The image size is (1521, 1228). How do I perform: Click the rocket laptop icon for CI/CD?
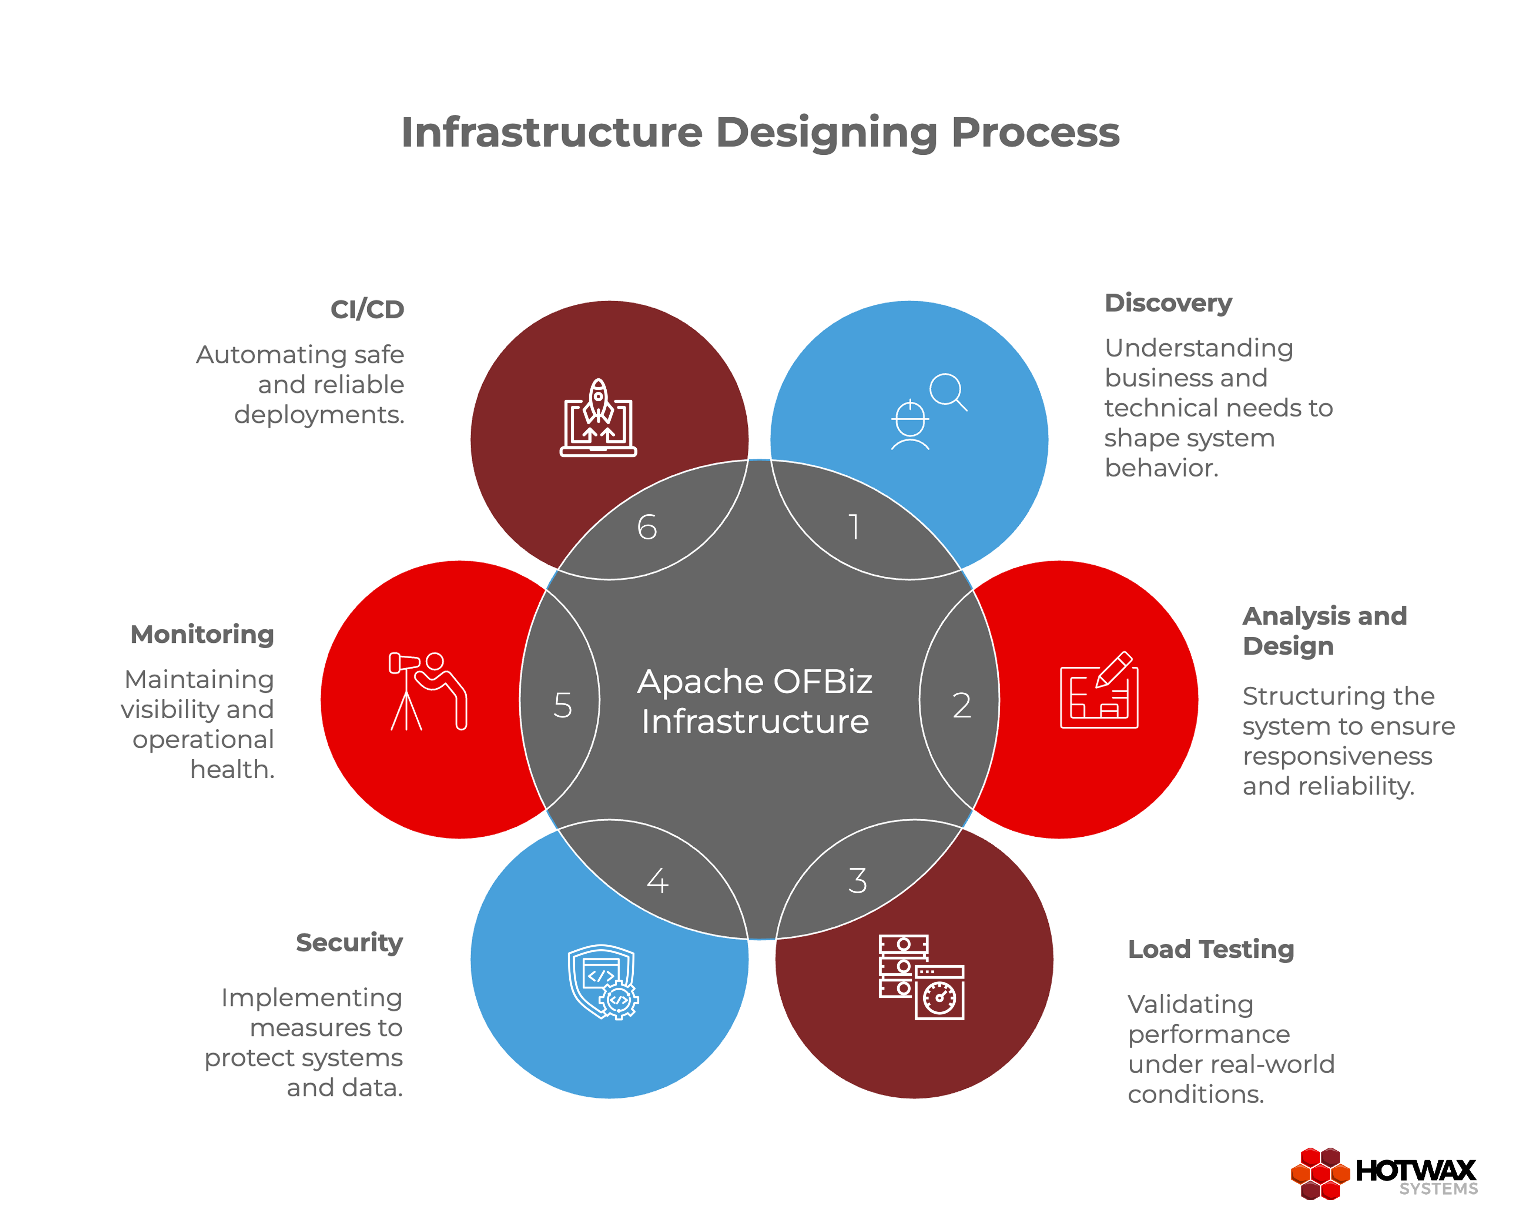pos(598,419)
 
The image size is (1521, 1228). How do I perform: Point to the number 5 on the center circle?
pos(563,705)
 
